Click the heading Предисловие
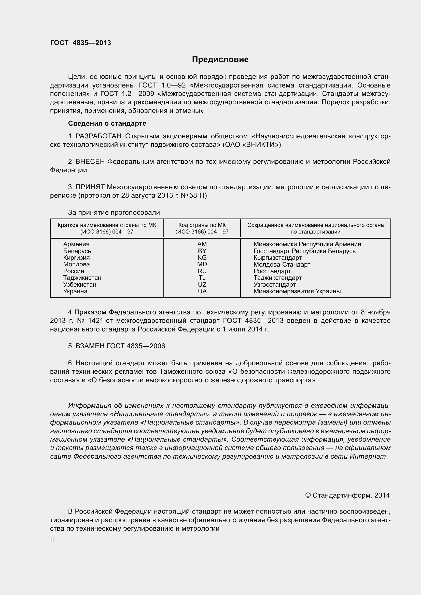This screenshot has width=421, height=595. pyautogui.click(x=220, y=59)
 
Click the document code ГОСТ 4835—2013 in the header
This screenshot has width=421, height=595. pyautogui.click(x=80, y=43)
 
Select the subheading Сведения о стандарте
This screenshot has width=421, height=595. pyautogui.click(x=107, y=123)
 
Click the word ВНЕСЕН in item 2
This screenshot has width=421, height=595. pyautogui.click(x=90, y=162)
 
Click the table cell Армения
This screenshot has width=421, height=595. pyautogui.click(x=76, y=244)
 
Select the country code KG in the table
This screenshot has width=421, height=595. pyautogui.click(x=202, y=258)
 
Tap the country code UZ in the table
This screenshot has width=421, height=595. pyautogui.click(x=202, y=285)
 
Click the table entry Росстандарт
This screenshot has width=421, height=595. pyautogui.click(x=272, y=271)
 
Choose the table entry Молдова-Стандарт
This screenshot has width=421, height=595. pyautogui.click(x=282, y=264)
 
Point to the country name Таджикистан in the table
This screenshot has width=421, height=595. pyautogui.click(x=82, y=278)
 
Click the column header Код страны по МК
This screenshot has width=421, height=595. pyautogui.click(x=202, y=225)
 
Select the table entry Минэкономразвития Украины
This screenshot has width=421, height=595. pyautogui.click(x=297, y=291)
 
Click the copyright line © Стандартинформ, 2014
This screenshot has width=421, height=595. pyautogui.click(x=347, y=495)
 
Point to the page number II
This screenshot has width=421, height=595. pyautogui.click(x=52, y=540)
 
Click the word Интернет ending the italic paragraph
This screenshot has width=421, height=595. pyautogui.click(x=368, y=456)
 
